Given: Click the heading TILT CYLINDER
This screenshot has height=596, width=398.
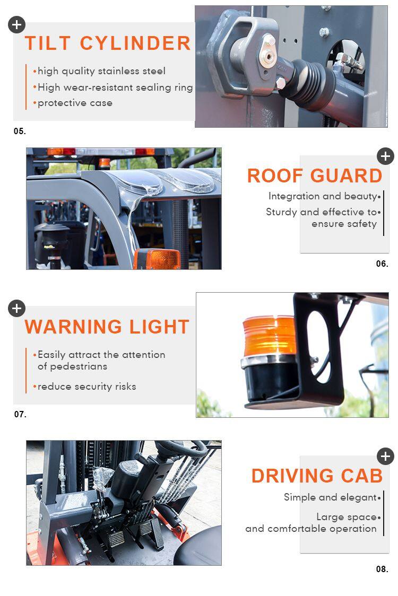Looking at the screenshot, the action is (108, 43).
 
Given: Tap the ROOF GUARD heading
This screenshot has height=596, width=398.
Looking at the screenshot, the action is (315, 176).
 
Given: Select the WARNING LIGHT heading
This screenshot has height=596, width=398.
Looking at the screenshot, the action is (107, 327).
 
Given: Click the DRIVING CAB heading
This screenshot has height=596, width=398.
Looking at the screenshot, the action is (317, 476).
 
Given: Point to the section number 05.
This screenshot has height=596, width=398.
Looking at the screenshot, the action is (20, 132).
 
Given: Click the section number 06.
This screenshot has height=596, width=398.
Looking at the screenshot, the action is (382, 264).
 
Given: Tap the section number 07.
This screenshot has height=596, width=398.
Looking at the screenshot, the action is (20, 414).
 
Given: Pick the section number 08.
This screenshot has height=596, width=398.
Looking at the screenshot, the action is (382, 569).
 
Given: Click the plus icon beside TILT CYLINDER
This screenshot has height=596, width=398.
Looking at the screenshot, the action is (17, 25).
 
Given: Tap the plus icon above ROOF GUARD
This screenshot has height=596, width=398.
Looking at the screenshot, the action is (385, 156).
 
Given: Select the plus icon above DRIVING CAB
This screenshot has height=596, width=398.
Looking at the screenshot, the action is (385, 457).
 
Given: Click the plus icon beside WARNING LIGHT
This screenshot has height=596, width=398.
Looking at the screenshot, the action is (17, 308).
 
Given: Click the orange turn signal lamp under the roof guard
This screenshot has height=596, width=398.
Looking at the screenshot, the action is (157, 259).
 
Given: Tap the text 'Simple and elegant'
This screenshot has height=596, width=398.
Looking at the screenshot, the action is (330, 497).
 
